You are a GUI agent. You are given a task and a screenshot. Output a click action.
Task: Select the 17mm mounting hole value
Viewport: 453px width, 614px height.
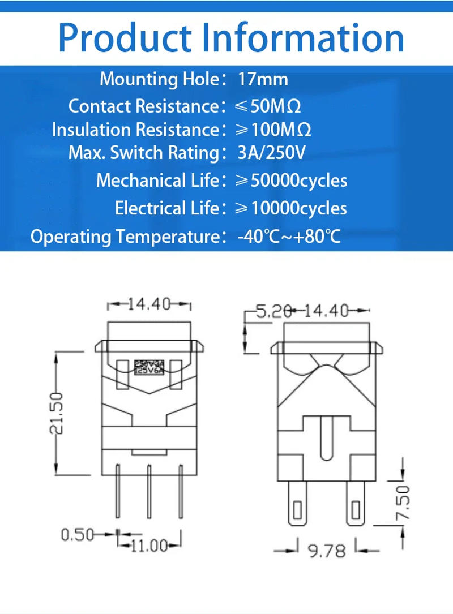(x=263, y=79)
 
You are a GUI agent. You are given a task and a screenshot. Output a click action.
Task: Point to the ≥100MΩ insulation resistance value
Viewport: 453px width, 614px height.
(x=273, y=130)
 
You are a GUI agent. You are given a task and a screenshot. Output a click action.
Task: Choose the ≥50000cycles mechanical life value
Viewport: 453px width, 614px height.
(x=291, y=181)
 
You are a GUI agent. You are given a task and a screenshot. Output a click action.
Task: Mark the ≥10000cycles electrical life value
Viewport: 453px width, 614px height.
(x=291, y=209)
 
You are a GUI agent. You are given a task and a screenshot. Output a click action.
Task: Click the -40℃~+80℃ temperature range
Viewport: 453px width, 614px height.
(x=289, y=236)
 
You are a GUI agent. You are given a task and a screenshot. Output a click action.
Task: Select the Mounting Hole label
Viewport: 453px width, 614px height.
(x=159, y=79)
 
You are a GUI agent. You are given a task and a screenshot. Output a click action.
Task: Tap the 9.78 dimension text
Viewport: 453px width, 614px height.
(x=327, y=550)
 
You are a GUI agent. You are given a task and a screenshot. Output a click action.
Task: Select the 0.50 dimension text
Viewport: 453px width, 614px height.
(x=78, y=534)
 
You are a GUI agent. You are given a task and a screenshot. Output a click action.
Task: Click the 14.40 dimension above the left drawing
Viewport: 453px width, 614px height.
(x=148, y=304)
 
